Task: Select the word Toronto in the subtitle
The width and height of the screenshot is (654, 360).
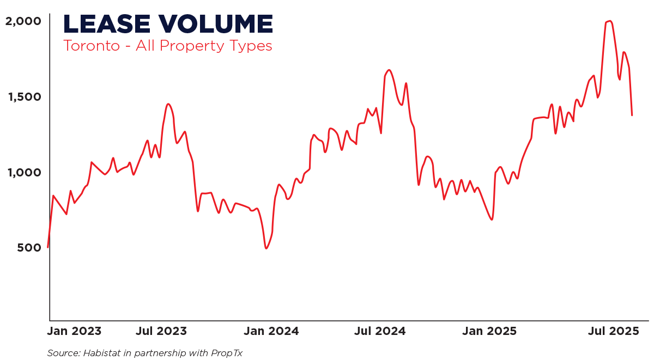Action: click(91, 46)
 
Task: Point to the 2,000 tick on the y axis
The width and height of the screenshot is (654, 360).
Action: click(23, 21)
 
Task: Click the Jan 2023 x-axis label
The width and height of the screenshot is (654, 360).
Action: click(73, 331)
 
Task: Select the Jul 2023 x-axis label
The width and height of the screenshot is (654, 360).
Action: click(161, 331)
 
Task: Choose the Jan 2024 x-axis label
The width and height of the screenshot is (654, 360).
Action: click(271, 331)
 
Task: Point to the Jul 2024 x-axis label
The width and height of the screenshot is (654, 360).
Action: click(380, 331)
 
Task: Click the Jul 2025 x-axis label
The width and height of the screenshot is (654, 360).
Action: click(613, 331)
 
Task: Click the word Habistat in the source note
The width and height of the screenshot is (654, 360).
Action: click(102, 353)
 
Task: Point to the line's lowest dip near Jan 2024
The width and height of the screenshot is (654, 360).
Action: click(267, 248)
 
